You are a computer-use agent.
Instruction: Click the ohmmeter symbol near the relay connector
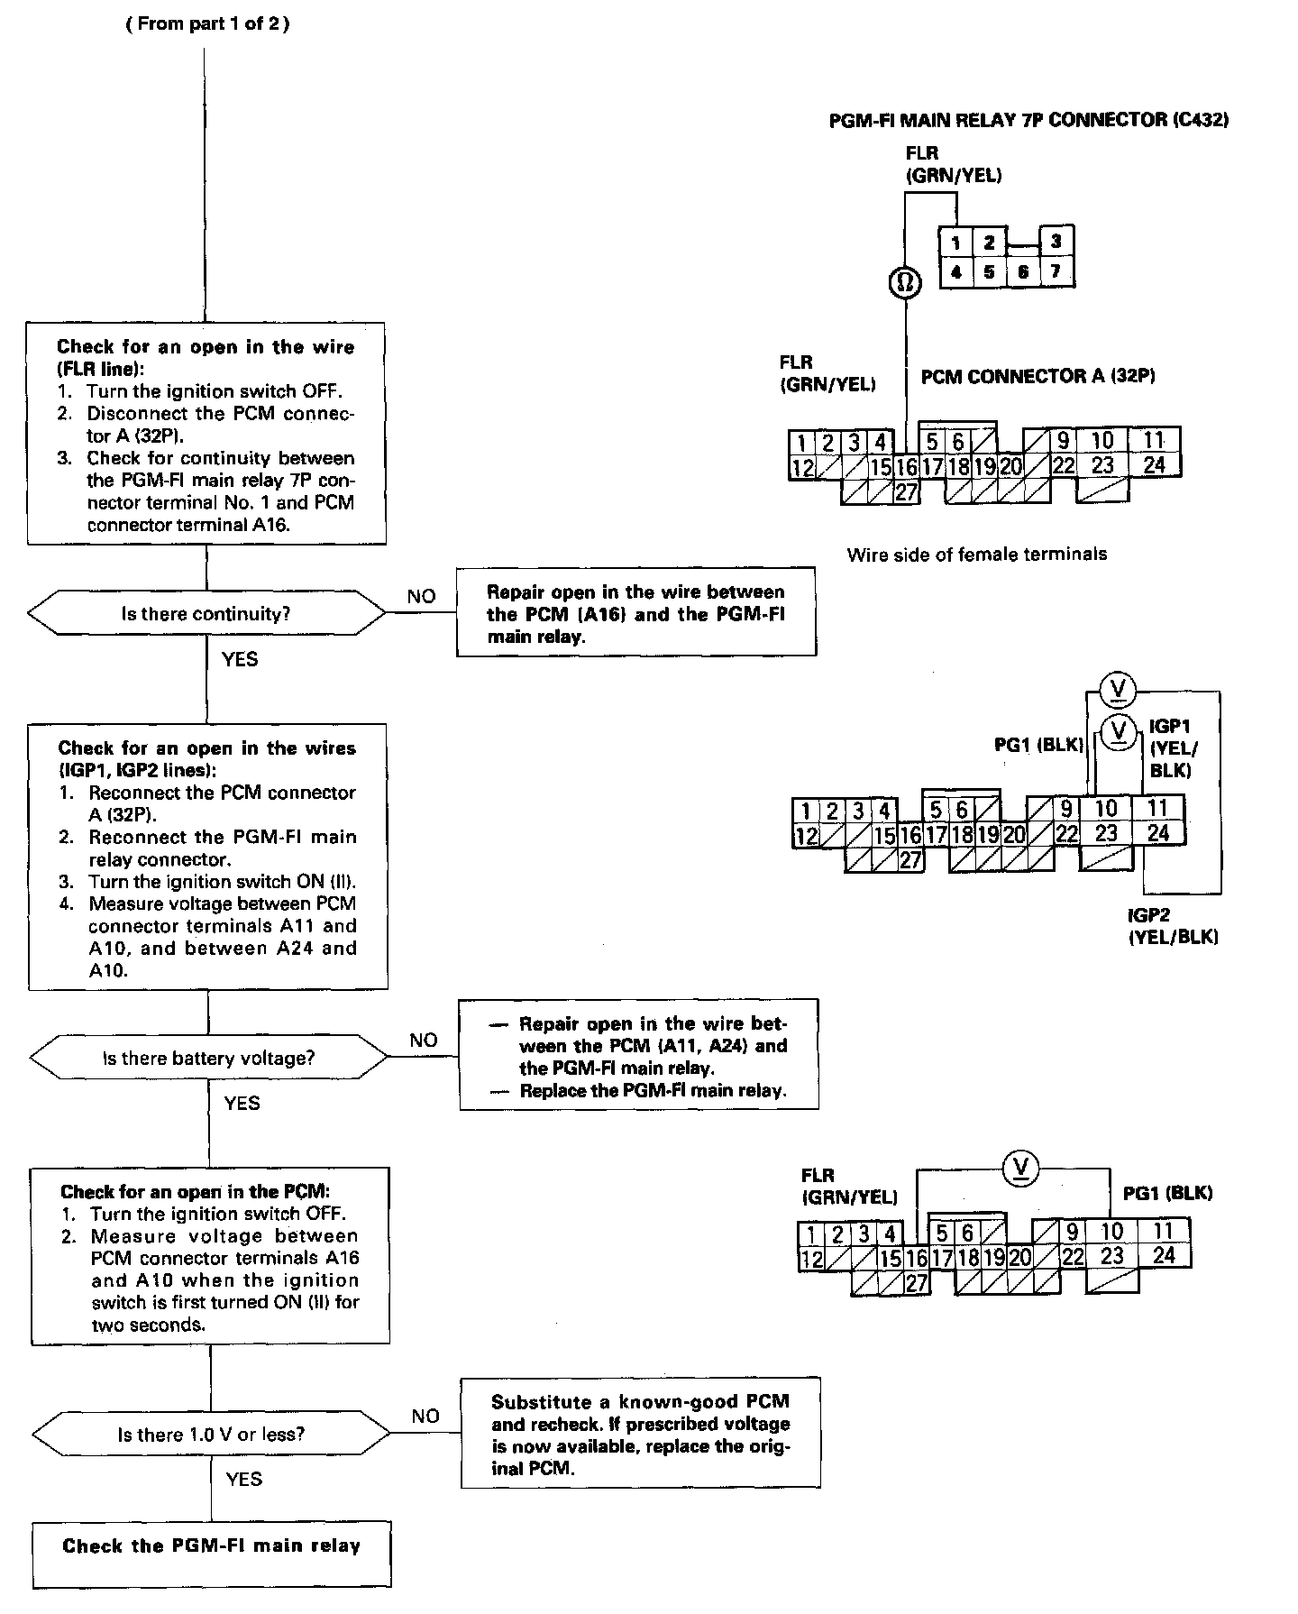(x=906, y=283)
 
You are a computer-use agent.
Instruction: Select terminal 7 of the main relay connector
(x=1056, y=271)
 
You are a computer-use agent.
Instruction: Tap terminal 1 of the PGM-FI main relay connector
(x=955, y=242)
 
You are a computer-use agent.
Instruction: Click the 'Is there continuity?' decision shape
(x=206, y=614)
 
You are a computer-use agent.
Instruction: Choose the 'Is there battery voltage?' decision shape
(x=208, y=1058)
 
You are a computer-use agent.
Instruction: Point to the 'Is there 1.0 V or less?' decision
(x=211, y=1434)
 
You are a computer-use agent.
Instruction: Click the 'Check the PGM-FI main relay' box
(x=212, y=1546)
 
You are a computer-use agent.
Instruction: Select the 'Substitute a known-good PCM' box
(x=640, y=1435)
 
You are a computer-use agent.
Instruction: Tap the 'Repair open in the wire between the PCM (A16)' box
(x=635, y=613)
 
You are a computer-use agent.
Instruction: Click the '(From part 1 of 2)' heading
(x=206, y=24)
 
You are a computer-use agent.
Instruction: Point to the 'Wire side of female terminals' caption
(x=976, y=555)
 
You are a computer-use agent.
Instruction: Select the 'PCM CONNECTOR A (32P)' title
(x=1037, y=376)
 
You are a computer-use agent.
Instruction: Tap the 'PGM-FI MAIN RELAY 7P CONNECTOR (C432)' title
(x=1028, y=120)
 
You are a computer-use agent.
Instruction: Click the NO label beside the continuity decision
(x=421, y=596)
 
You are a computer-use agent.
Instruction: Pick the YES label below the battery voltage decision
(x=242, y=1103)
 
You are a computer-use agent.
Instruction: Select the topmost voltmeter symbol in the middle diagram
(x=1119, y=690)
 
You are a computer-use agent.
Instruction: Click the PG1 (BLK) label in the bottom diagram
(x=1167, y=1193)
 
